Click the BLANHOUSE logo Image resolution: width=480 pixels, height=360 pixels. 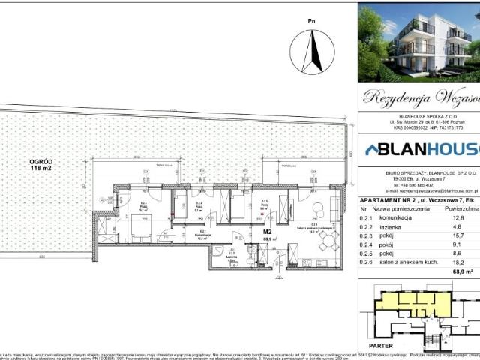point(419,149)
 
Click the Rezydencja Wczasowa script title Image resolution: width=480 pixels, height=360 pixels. point(419,95)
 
